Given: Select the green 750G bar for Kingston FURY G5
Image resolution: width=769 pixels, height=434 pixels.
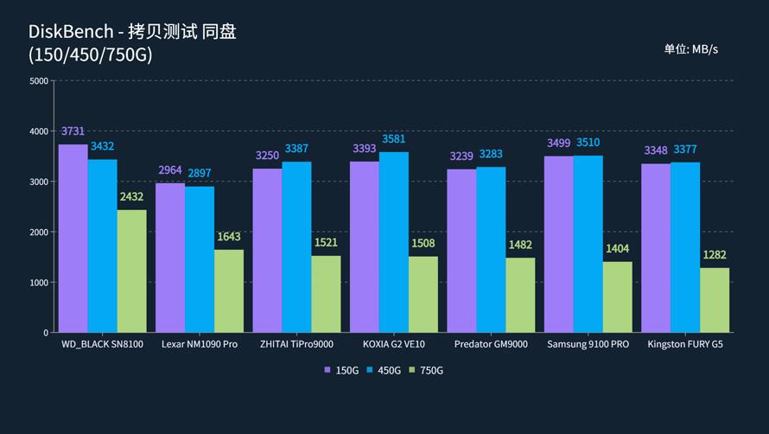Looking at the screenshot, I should pos(715,300).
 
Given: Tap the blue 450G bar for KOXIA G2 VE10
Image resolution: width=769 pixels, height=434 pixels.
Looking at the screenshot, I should pos(393,242).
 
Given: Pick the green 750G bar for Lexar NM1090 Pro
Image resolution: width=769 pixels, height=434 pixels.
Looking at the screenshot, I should pos(229,290).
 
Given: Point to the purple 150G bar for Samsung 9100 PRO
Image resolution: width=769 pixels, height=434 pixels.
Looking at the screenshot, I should pos(558,244).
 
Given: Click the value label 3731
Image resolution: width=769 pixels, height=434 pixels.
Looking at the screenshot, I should pos(73,131).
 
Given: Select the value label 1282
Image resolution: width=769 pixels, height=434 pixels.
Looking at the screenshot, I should pos(715,255).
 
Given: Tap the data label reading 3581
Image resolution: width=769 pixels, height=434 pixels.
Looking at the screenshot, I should pos(393,139).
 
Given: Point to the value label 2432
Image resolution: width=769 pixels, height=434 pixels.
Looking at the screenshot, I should pos(131,197).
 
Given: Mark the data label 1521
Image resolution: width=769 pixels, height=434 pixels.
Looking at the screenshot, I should pos(326,243).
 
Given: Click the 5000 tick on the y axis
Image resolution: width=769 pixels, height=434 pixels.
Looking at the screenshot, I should pos(39,81).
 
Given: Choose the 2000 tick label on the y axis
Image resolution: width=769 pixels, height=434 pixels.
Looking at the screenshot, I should pos(39,233).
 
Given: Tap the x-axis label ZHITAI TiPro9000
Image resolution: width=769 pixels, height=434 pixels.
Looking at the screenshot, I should pos(296,344).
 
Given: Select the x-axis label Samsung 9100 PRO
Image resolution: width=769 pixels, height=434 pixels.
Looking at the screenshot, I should pos(588,344).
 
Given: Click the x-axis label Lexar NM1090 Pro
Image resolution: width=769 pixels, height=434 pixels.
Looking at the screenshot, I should pos(199,344).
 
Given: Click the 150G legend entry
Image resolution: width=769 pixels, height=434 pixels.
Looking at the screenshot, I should pos(341,370).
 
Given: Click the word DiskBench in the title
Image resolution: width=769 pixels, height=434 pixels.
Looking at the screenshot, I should pos(70,32).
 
